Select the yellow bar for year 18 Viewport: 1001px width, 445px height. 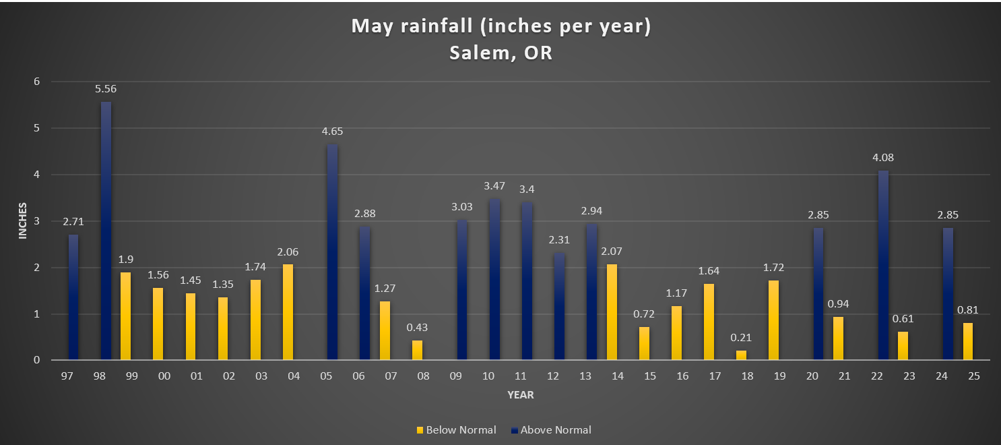tap(741, 355)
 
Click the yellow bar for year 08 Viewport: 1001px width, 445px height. tap(418, 350)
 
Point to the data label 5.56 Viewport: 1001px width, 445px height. tap(106, 88)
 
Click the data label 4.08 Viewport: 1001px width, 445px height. tap(882, 158)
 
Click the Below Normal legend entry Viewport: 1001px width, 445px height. tap(455, 429)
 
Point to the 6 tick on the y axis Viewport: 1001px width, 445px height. tap(36, 82)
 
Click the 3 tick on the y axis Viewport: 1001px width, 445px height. tap(36, 221)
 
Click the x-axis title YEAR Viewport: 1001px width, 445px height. tap(520, 395)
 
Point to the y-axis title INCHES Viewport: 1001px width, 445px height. tap(23, 220)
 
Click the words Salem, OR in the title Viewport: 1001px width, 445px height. tap(501, 53)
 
